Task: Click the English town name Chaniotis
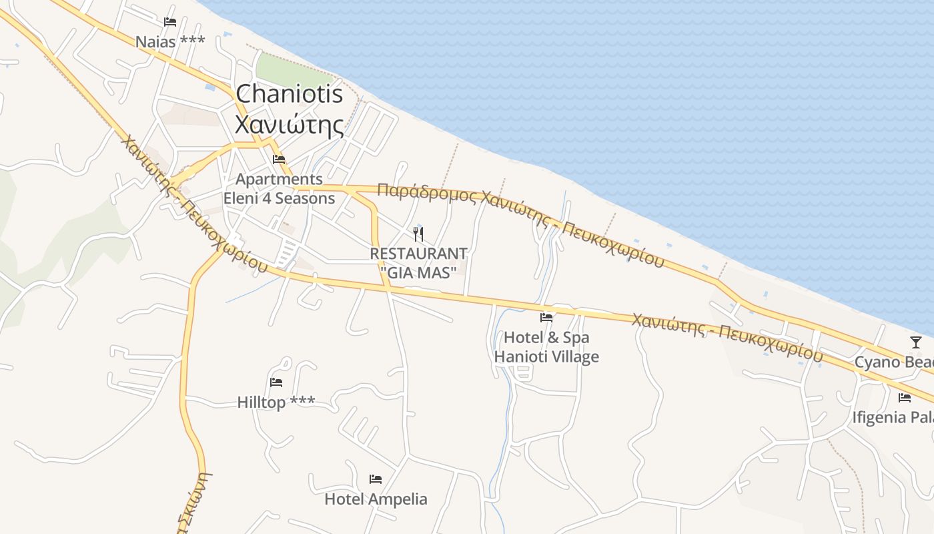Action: pos(290,94)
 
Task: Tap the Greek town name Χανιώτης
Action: pos(290,124)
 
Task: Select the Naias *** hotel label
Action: pos(170,41)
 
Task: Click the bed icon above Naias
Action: pos(170,22)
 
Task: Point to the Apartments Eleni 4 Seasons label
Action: pos(279,189)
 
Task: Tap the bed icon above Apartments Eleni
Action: pos(279,160)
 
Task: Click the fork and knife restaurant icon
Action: pos(418,234)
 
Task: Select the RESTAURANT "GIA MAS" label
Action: pos(418,263)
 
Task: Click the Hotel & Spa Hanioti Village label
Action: pos(546,347)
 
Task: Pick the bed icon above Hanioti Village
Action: pos(546,318)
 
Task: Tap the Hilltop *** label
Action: pos(276,403)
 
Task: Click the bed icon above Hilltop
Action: pos(276,382)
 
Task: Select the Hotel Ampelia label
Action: pos(376,499)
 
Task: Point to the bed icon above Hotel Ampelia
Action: pos(376,479)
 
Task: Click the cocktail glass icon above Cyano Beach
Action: pos(915,342)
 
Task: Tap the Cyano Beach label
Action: pos(894,362)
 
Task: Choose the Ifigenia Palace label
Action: pos(893,418)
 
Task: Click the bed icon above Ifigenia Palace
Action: pos(905,398)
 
